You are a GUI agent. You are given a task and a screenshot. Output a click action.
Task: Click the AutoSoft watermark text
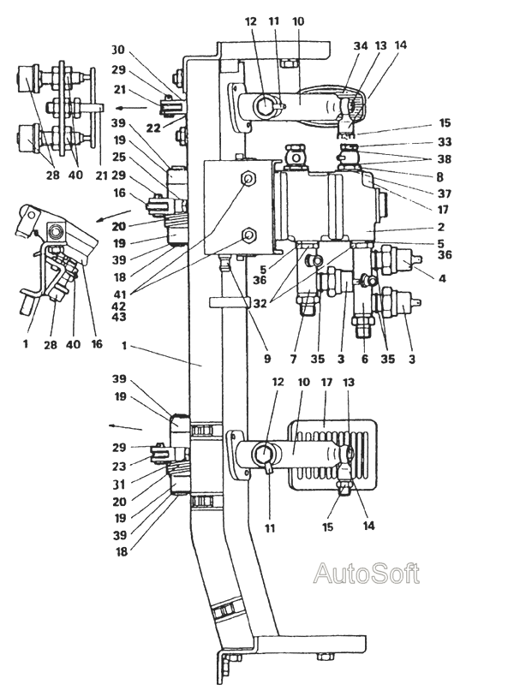pos(366,574)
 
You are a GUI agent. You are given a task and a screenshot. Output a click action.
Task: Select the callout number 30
pos(118,51)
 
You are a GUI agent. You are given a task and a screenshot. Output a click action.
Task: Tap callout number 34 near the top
pos(361,45)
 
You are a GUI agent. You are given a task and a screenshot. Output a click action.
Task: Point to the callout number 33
pos(445,142)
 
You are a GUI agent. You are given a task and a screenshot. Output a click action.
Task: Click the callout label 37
pos(445,193)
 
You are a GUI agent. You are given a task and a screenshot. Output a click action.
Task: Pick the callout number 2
pos(440,227)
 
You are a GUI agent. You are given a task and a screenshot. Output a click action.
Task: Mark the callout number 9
pos(267,359)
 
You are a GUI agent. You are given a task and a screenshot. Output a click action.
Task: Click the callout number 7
pos(293,359)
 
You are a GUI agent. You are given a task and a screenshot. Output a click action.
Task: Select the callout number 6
pos(365,359)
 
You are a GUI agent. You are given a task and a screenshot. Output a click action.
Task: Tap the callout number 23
pos(119,466)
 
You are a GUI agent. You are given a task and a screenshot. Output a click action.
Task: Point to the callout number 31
pos(119,485)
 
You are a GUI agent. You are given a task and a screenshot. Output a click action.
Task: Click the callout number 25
pos(118,158)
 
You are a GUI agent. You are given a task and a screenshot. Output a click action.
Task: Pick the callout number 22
pos(153,128)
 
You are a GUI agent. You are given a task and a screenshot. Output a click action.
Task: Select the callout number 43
pos(118,317)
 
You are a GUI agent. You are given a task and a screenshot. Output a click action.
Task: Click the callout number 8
pos(439,177)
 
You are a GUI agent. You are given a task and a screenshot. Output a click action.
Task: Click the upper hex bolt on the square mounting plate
pos(248,179)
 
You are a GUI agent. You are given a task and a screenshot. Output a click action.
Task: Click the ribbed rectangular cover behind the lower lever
pos(332,454)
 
